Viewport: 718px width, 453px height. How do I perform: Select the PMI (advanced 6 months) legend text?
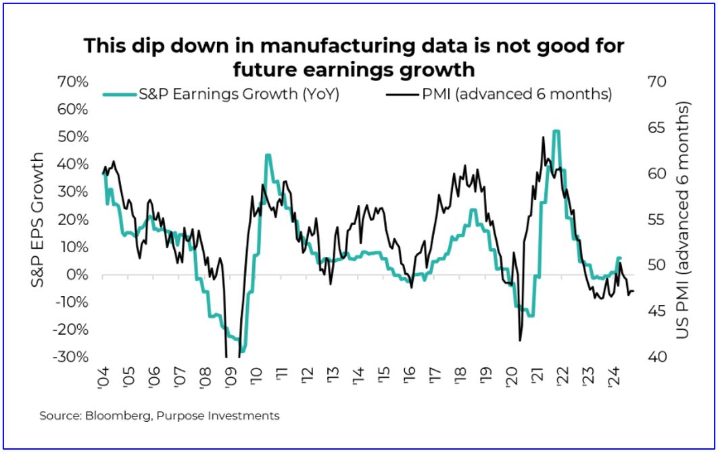[x=517, y=95]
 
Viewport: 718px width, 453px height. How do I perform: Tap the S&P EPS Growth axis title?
[x=39, y=220]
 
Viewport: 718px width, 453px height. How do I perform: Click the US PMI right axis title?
[x=684, y=220]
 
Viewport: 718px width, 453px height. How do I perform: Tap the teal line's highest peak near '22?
[x=556, y=132]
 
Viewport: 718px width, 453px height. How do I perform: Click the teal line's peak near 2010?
[x=268, y=156]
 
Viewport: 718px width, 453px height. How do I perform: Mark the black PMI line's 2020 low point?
[x=520, y=340]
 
